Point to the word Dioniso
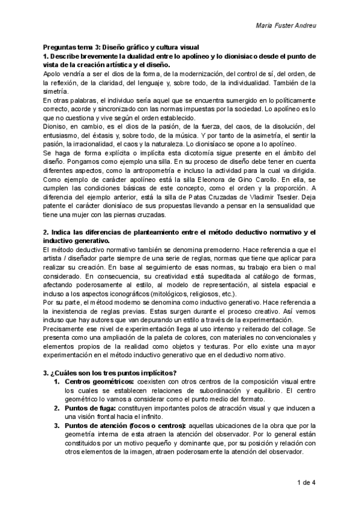tap(55, 127)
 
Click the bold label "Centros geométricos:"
tap(100, 382)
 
